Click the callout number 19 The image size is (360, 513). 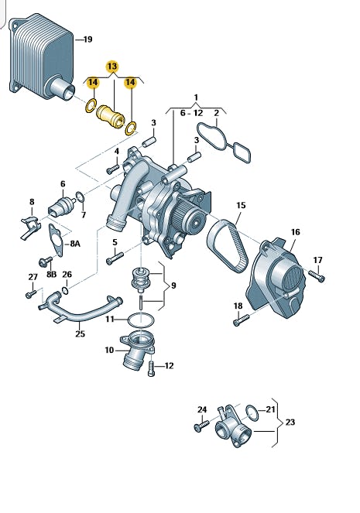click(87, 39)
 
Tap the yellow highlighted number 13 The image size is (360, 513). click(112, 67)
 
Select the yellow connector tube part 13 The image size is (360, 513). click(111, 117)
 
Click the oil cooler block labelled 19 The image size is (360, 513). click(41, 58)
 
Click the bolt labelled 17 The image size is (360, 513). click(317, 275)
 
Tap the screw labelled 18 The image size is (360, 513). click(242, 320)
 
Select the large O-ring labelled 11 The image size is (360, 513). click(140, 320)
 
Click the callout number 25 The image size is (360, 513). click(81, 333)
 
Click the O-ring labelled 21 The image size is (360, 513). click(252, 413)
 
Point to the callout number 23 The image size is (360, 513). click(290, 422)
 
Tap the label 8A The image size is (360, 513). click(74, 244)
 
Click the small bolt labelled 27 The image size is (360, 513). click(31, 293)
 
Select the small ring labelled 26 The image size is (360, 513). click(65, 290)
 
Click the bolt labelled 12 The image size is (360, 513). click(151, 368)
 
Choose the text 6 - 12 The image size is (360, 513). click(192, 113)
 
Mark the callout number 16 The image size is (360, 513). click(295, 232)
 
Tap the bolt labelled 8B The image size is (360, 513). click(46, 261)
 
